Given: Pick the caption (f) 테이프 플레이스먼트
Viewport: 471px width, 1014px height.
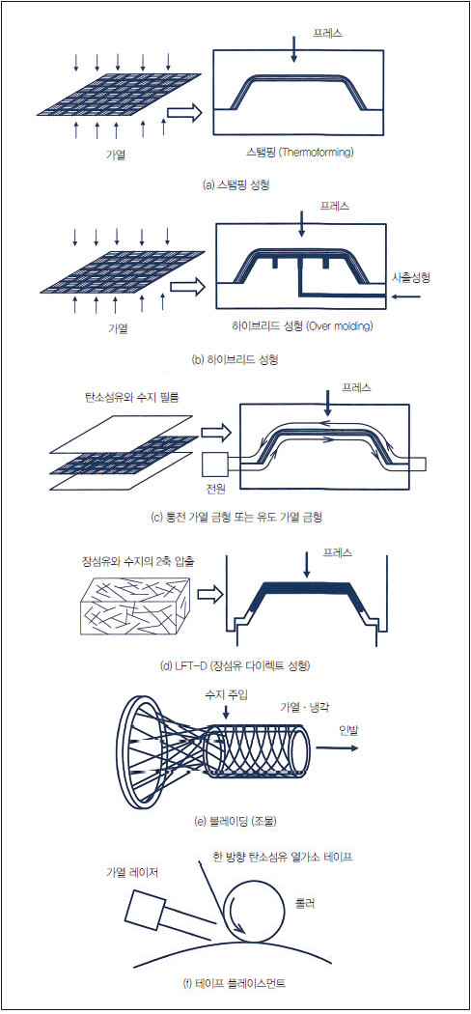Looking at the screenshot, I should tap(235, 984).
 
